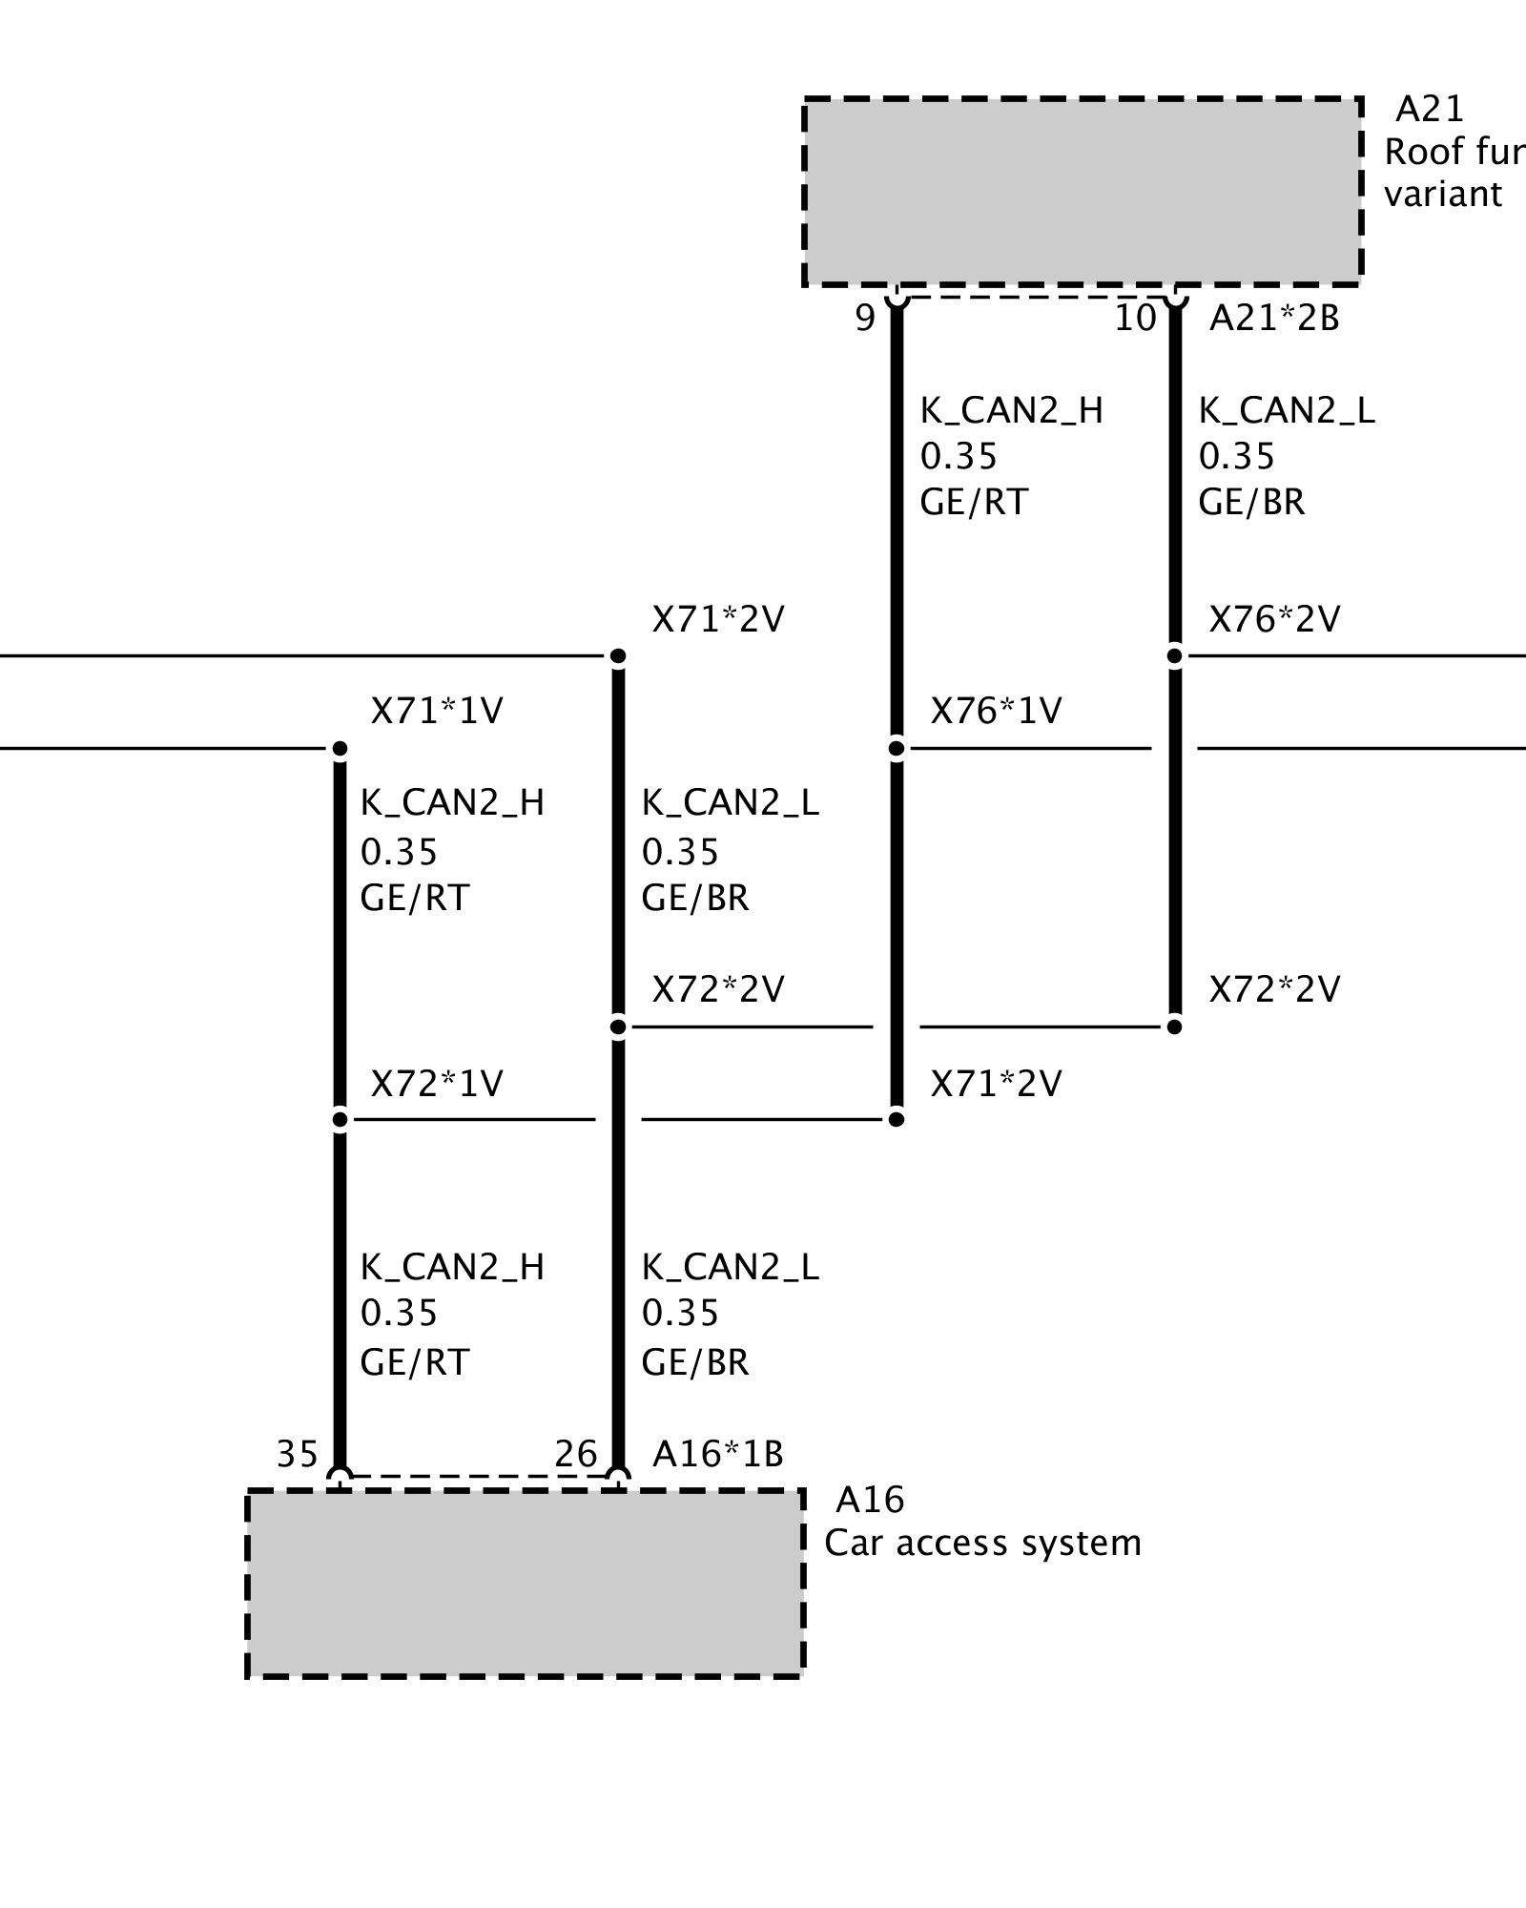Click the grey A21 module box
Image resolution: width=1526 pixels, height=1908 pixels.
click(1082, 191)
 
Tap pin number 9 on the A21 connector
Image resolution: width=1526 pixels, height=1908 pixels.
click(865, 319)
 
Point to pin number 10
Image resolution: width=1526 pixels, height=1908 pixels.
click(1135, 319)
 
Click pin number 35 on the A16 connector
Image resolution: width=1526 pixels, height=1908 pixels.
click(297, 1454)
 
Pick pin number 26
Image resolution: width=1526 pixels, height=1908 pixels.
click(576, 1454)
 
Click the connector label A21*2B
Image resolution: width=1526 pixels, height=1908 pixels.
click(1274, 319)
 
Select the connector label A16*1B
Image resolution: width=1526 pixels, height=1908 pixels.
click(717, 1454)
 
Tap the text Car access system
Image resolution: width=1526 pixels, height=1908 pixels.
click(982, 1543)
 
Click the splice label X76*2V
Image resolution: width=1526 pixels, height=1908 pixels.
click(1274, 620)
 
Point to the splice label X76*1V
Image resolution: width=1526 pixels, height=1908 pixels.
click(996, 712)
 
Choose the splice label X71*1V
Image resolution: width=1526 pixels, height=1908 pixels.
click(437, 712)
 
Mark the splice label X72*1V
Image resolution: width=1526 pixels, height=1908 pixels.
click(437, 1084)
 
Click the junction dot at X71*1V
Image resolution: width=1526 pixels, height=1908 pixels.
click(340, 749)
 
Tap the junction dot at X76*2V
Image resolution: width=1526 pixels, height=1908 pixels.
click(1175, 656)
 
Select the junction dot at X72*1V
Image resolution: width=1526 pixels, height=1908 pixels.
click(340, 1120)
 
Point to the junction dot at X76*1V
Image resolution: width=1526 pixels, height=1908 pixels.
click(897, 749)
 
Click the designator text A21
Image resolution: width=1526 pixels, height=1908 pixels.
click(1429, 110)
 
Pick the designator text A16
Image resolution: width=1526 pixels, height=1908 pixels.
click(870, 1501)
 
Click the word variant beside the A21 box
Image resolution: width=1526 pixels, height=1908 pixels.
click(1443, 195)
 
